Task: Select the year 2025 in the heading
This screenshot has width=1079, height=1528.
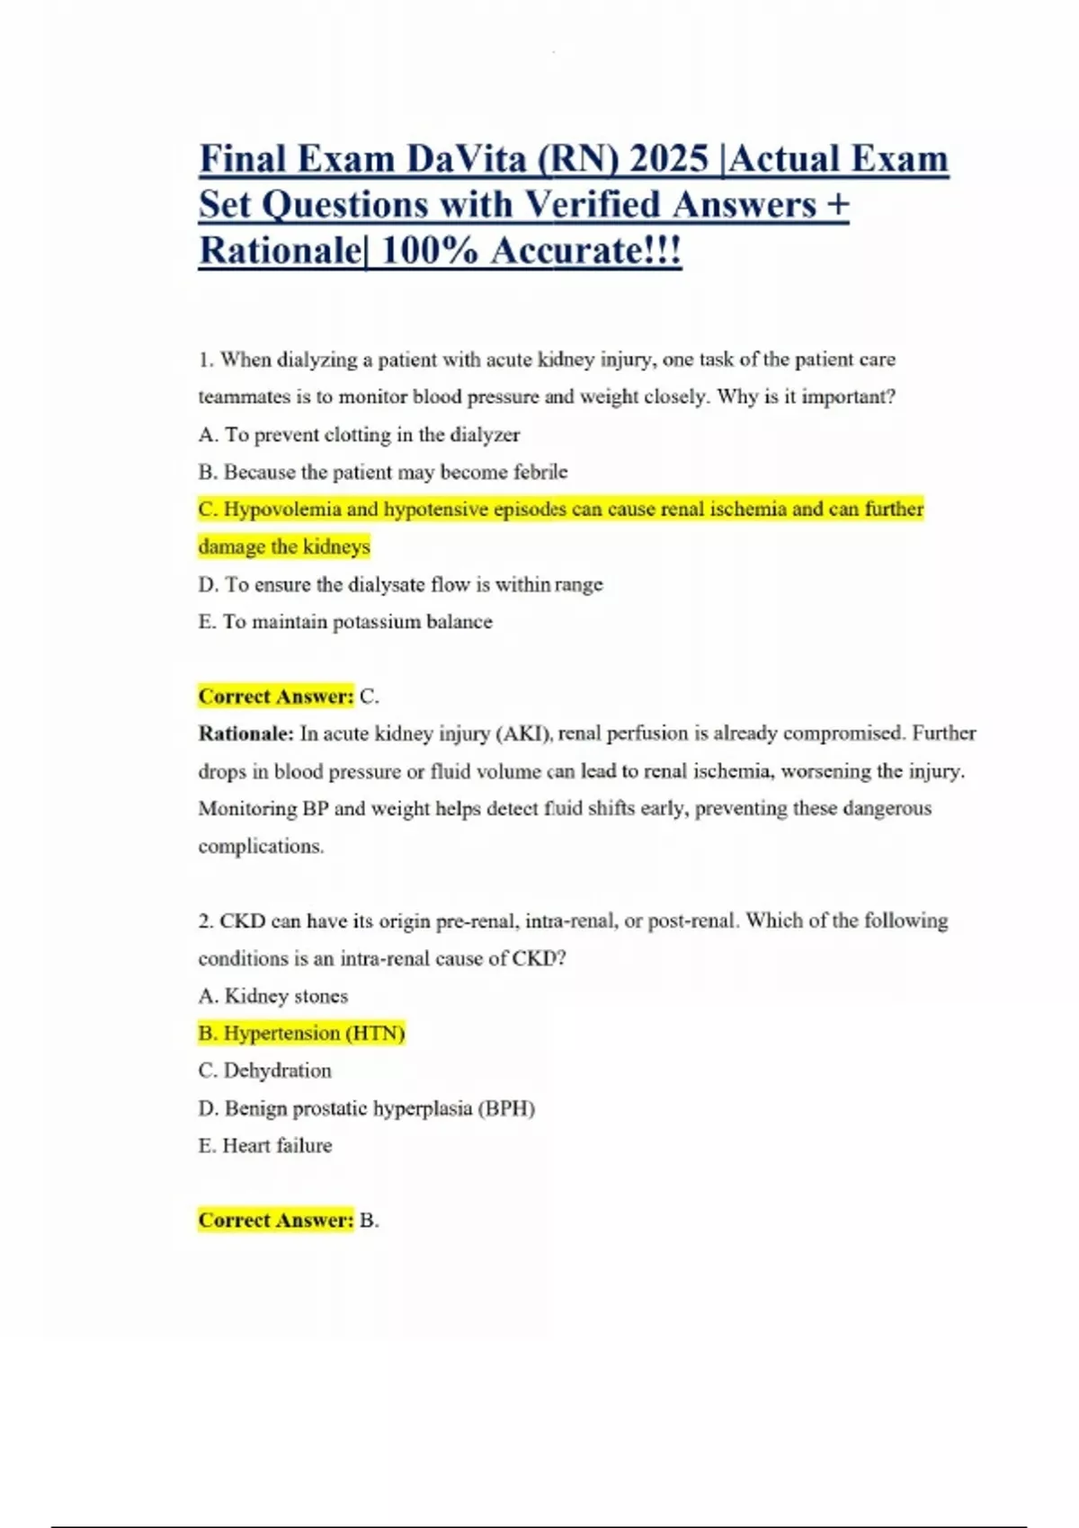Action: pos(670,160)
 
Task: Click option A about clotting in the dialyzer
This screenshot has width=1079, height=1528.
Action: pos(359,435)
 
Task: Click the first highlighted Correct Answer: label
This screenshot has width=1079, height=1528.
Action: pos(276,697)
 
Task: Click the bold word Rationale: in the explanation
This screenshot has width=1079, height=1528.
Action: pos(245,733)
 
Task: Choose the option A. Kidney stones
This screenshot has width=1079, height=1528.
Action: pos(272,996)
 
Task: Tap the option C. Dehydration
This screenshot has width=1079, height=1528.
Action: pos(264,1070)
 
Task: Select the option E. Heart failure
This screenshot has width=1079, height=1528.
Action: pos(264,1146)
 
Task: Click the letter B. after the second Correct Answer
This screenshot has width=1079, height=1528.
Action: pos(369,1221)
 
